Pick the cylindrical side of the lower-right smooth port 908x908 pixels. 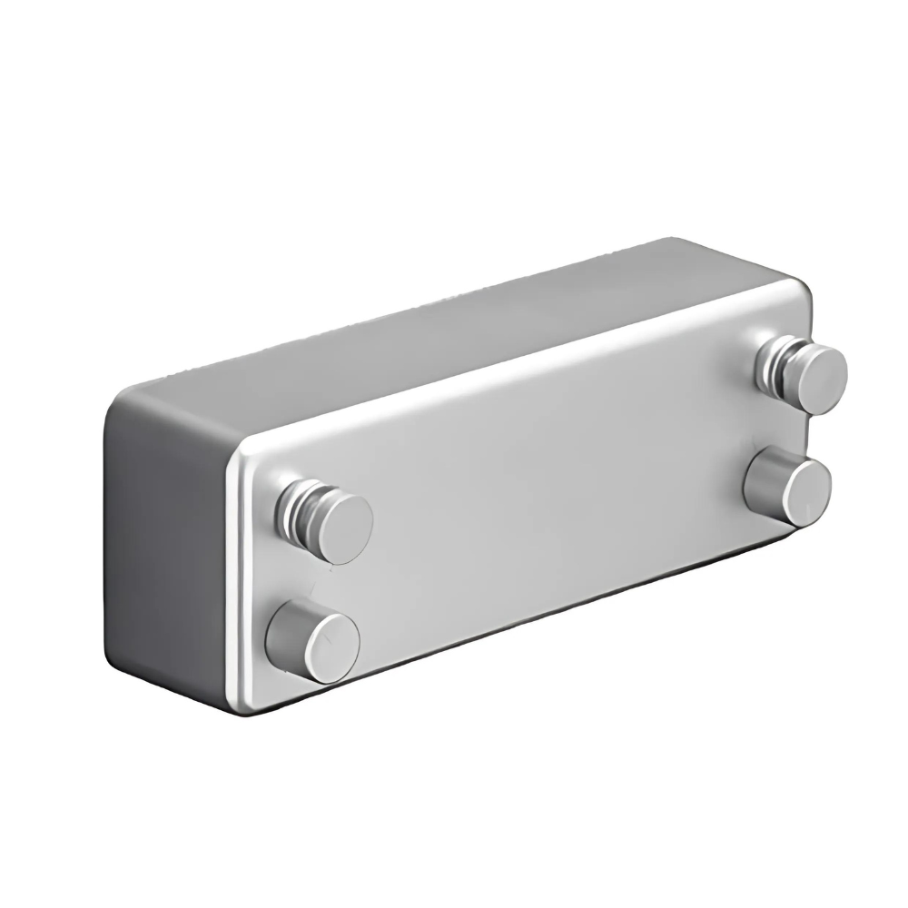click(761, 479)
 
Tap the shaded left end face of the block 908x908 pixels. click(163, 536)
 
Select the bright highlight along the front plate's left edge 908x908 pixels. click(232, 581)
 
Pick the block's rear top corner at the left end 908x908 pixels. click(123, 397)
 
